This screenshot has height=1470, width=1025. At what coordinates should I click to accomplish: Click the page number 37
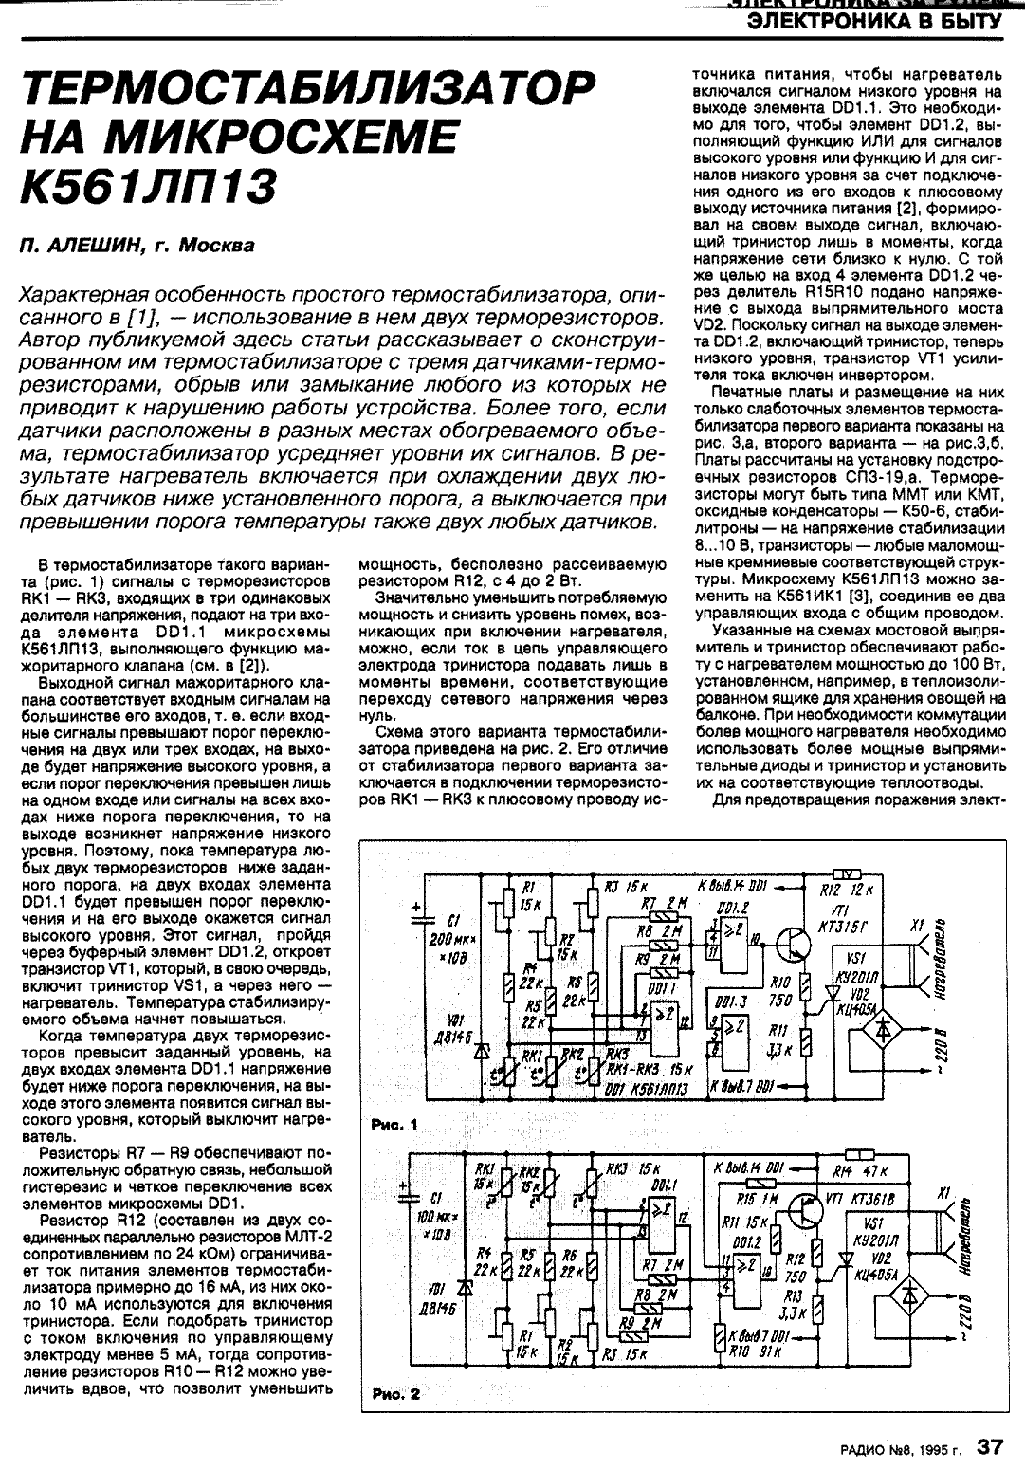pos(991,1446)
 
